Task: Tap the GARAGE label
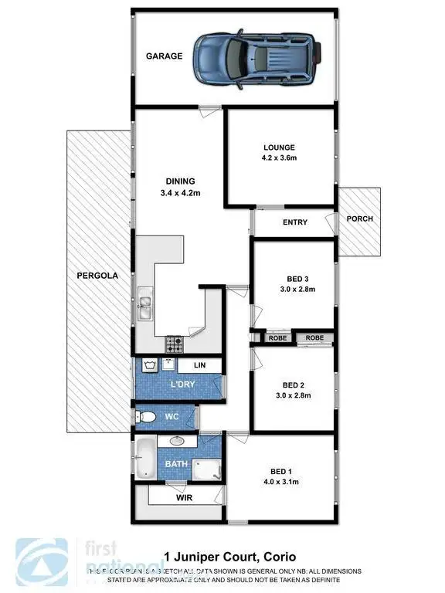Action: click(x=165, y=56)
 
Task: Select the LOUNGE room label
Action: click(x=279, y=147)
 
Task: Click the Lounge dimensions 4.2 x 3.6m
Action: click(x=279, y=158)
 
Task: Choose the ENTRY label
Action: click(x=295, y=222)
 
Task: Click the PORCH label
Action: click(x=359, y=219)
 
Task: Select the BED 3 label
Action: click(x=294, y=279)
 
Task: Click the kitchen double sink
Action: click(x=145, y=305)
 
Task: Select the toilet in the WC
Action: click(x=147, y=418)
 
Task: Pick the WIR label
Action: click(x=185, y=498)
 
